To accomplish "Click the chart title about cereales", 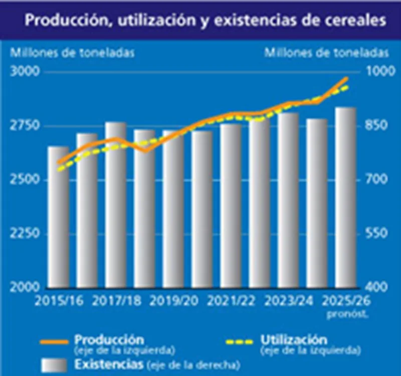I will [206, 21].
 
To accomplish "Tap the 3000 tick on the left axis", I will [24, 71].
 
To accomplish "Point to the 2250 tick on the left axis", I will [24, 233].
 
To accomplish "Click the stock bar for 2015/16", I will [58, 221].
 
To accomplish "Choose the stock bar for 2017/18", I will [115, 206].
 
